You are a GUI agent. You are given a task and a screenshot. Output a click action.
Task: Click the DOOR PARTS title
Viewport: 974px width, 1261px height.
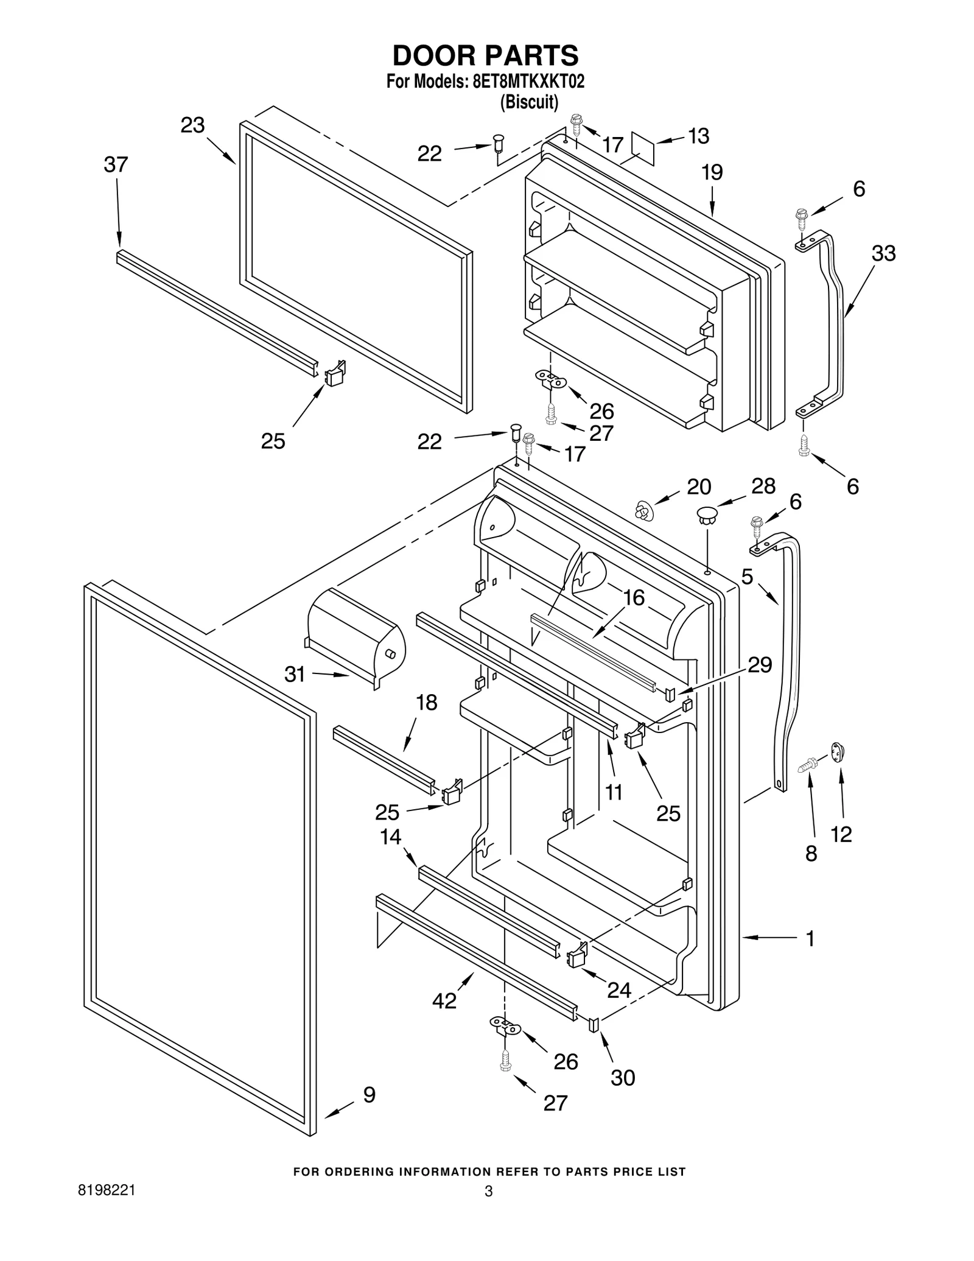click(x=485, y=56)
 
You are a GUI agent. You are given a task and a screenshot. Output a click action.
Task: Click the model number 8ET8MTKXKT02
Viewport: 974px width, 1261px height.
click(x=528, y=82)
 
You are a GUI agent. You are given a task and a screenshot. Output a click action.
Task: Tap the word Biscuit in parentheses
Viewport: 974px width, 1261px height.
click(x=528, y=102)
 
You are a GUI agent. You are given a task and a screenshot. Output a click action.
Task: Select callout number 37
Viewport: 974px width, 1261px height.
click(x=116, y=164)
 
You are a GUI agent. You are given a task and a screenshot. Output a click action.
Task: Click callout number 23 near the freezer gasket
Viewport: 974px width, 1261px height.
click(x=192, y=125)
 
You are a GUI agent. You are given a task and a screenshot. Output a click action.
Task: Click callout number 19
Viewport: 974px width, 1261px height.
click(x=712, y=172)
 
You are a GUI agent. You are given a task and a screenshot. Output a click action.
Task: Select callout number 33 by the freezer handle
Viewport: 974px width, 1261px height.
click(x=883, y=253)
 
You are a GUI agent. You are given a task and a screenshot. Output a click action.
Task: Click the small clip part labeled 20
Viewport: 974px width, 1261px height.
click(x=643, y=510)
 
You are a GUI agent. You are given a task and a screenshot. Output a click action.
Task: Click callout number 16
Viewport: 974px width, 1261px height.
click(x=634, y=598)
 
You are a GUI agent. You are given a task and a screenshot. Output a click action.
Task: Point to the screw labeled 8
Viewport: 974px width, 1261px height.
click(x=808, y=765)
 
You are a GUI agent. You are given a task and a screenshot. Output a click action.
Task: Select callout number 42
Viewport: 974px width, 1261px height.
click(x=444, y=1000)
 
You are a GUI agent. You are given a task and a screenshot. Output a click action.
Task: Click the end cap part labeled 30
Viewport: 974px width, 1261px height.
click(x=594, y=1025)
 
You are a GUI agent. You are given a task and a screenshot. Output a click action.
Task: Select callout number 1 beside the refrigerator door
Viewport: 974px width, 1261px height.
click(x=810, y=938)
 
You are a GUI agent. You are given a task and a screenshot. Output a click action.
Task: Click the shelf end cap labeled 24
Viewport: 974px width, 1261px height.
click(x=576, y=958)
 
